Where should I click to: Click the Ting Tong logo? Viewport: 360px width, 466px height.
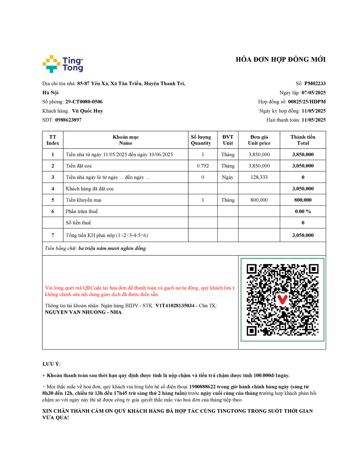63,64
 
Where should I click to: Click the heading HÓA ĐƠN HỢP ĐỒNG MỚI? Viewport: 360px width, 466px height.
280,60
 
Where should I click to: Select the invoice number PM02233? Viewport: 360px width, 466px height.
315,84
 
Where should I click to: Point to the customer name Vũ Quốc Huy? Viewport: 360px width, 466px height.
87,111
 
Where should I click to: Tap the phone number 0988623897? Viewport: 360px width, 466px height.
68,120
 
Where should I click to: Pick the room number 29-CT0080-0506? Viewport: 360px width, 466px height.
84,102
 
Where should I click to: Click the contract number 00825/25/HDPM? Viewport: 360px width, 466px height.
307,102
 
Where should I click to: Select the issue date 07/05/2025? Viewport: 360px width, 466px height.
313,93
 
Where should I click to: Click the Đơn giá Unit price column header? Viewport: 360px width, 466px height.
259,140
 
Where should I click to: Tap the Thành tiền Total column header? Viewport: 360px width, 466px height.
303,140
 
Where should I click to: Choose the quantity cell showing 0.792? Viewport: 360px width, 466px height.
203,166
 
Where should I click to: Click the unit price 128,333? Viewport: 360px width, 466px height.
259,177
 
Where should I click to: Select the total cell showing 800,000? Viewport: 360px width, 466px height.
303,200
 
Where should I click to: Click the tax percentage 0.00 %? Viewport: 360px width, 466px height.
303,211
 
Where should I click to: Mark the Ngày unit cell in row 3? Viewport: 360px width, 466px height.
227,177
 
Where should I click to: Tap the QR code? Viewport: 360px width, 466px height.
282,300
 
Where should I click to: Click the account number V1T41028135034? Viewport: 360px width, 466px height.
175,306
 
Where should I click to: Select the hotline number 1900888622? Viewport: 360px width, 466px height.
202,387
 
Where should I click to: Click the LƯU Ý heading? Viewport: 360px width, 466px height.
52,364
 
